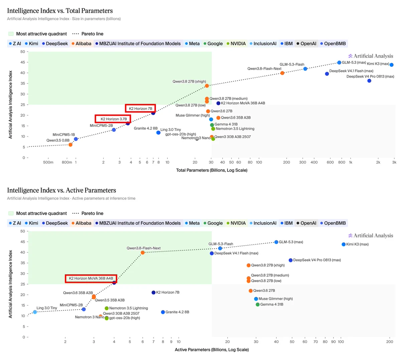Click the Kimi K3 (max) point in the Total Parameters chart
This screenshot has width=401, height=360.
pos(391,65)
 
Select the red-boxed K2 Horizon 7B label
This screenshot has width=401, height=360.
pos(140,109)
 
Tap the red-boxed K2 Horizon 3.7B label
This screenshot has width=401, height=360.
pos(113,119)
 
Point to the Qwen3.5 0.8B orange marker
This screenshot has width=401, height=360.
pos(70,145)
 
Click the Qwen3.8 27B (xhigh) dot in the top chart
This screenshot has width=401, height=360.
pos(207,86)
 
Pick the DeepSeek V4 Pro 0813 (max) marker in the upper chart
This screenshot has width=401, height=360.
pos(369,81)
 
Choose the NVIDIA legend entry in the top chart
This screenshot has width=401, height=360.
pos(236,43)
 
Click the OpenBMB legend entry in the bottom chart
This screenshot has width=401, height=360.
pos(333,223)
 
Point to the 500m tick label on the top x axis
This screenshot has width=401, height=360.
pos(48,162)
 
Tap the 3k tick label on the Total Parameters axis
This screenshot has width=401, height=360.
pos(394,162)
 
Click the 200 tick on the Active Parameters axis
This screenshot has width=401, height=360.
pos(390,342)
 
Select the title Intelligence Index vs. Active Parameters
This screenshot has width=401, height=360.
pos(61,190)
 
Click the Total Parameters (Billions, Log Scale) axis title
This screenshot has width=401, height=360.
pos(212,170)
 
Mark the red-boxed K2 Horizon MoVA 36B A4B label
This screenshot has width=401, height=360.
pos(91,278)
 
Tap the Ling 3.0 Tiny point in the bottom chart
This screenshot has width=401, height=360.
pos(35,312)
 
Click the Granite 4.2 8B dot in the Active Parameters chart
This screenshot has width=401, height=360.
pos(163,312)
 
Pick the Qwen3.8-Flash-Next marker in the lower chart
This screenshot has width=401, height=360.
pos(142,253)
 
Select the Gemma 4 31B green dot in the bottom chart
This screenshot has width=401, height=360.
pos(258,305)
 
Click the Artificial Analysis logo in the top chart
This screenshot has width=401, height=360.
pos(371,56)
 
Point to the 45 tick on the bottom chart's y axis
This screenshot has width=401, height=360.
pos(23,242)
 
